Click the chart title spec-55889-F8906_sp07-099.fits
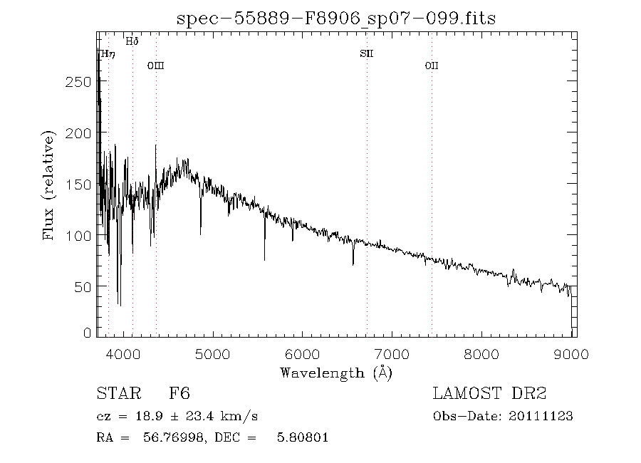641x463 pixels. [335, 18]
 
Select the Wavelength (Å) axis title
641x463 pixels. [336, 372]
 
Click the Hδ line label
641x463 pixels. [132, 41]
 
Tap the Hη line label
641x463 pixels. [107, 54]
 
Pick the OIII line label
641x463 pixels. [155, 66]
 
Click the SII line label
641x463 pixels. [367, 54]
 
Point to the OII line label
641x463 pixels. [431, 66]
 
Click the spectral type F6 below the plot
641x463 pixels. [179, 394]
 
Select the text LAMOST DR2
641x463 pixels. [489, 394]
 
